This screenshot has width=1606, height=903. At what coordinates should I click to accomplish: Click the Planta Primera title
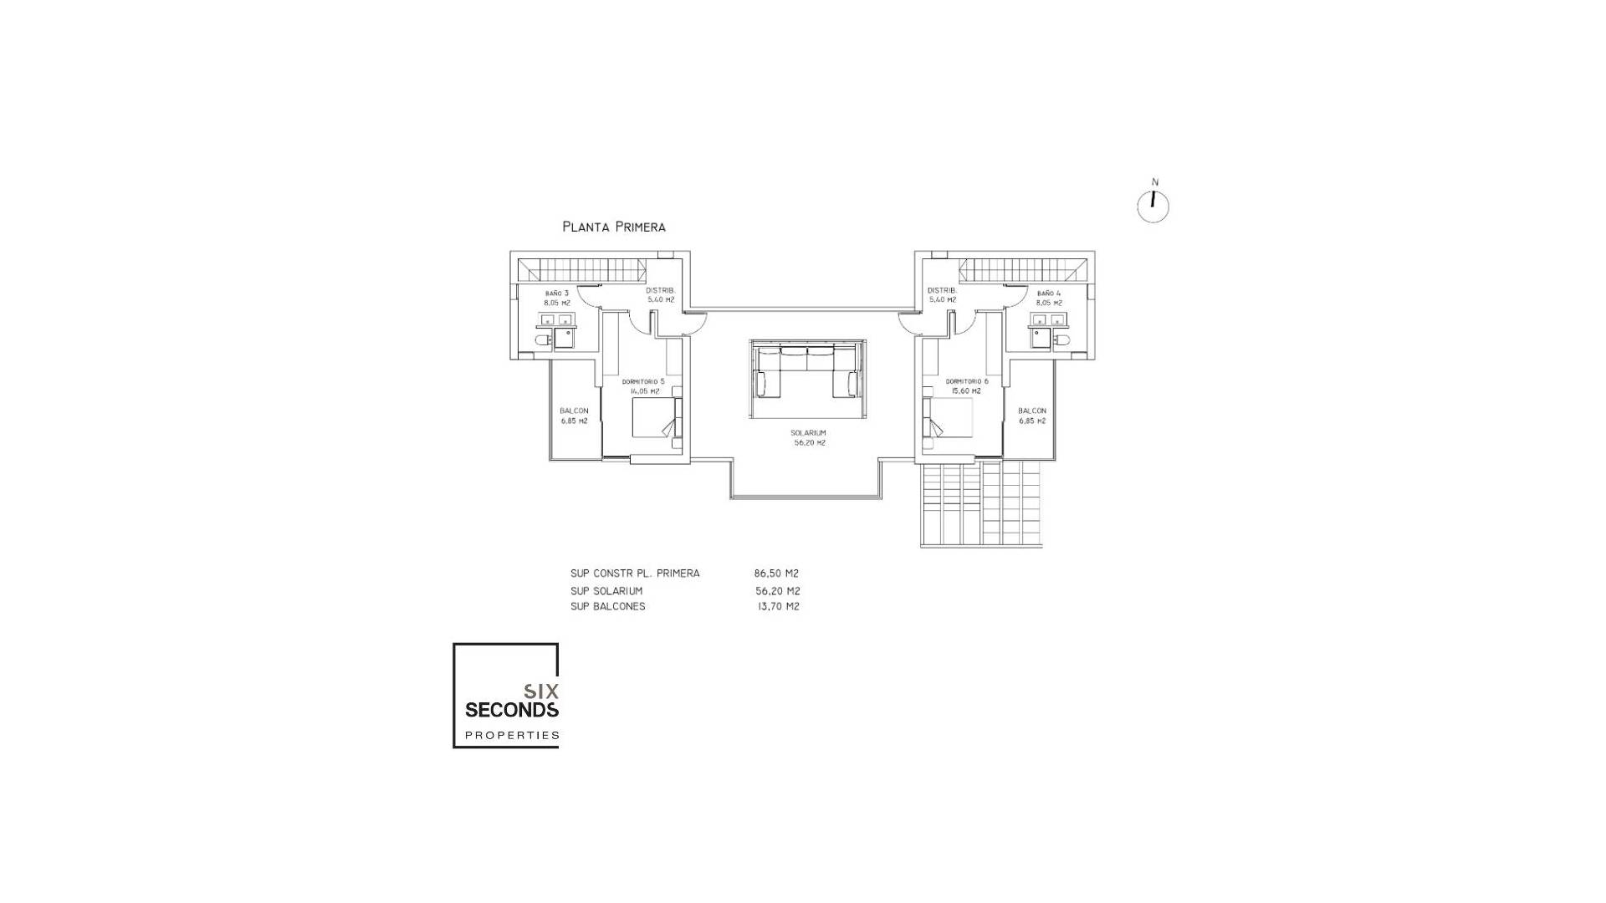click(614, 227)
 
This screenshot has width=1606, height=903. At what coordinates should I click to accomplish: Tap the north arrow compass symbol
click(1153, 207)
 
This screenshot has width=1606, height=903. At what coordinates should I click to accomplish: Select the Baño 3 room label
click(556, 298)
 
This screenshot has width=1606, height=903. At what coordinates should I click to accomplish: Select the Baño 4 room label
click(1048, 298)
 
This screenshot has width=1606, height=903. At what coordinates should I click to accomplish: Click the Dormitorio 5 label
click(643, 385)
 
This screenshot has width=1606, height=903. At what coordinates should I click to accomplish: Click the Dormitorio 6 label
click(967, 385)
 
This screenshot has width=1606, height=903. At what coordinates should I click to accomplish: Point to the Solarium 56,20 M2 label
click(809, 438)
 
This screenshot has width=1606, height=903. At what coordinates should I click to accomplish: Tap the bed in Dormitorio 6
click(949, 417)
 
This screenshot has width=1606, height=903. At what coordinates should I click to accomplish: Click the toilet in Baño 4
click(1062, 340)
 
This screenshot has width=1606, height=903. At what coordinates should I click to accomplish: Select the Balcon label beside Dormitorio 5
click(574, 416)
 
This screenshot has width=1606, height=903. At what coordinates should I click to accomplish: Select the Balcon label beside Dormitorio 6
click(1032, 416)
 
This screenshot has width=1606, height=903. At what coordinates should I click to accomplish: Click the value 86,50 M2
click(776, 574)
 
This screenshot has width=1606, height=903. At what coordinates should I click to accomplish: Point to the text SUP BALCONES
click(608, 606)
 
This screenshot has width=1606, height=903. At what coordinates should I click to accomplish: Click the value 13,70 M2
click(778, 606)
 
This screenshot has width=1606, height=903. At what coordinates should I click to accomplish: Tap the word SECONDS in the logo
click(511, 710)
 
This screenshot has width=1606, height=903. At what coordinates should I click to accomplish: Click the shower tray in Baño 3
click(562, 339)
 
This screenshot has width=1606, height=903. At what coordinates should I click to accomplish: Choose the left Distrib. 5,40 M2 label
click(660, 294)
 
